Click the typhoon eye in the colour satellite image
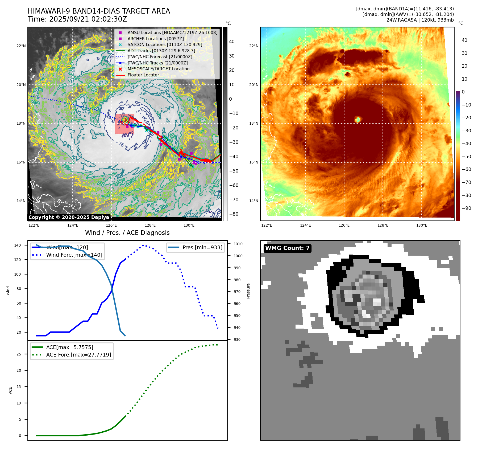tap(358, 120)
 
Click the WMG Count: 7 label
tap(287, 248)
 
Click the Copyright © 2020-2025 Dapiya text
tap(69, 217)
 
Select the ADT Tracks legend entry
tap(161, 51)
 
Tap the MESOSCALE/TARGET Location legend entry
tap(159, 69)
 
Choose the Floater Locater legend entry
tap(143, 75)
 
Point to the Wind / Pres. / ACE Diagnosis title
tap(127, 233)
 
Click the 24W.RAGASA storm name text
tap(401, 20)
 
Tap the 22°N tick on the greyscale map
tap(21, 46)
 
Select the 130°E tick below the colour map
tap(422, 225)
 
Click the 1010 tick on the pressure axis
tap(238, 244)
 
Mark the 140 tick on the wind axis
tap(18, 245)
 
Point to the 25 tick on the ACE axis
tap(19, 354)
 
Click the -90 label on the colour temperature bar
tap(466, 208)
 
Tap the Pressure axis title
tap(248, 291)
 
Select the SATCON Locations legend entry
tap(165, 44)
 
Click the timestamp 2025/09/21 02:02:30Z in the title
tap(88, 19)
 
